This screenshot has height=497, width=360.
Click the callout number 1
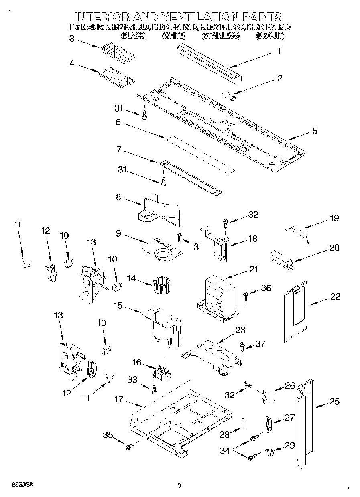point(279,51)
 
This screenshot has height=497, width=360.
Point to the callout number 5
point(315,131)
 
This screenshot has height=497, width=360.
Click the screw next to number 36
point(246,296)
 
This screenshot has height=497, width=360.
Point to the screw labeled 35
point(130,446)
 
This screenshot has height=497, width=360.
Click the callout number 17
point(119,400)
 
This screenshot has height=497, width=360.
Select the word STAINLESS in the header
point(221,36)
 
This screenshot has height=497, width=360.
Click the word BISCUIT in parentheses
point(270,36)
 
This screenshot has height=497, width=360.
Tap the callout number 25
point(334,401)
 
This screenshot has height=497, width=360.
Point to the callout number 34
point(225,451)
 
